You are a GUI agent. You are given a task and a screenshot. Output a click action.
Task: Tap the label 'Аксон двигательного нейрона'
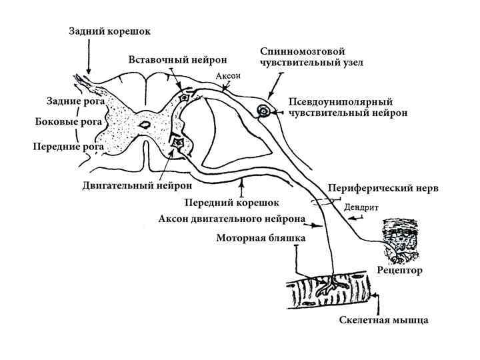pos(233,219)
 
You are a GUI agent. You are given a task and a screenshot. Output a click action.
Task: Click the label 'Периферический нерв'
pos(385,188)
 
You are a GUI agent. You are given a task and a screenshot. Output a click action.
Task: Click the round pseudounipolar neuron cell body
pos(265,111)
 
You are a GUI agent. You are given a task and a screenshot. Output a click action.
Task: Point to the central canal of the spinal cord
pos(143,124)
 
